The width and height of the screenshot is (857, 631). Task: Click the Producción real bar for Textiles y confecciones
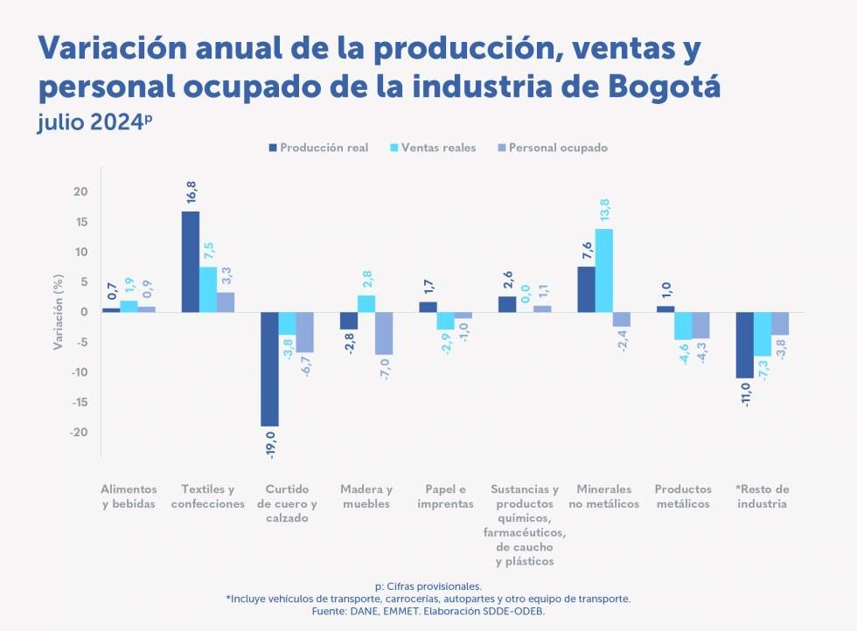[190, 261]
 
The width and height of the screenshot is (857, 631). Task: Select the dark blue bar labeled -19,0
[269, 369]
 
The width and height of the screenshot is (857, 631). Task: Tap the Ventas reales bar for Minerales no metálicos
[603, 270]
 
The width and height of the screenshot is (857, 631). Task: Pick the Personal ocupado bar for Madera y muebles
[384, 333]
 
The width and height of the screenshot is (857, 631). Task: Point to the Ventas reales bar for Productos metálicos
[683, 325]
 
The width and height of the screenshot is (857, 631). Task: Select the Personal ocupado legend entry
[551, 148]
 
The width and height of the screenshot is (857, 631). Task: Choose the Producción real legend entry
[319, 148]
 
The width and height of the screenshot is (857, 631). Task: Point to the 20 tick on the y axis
[81, 192]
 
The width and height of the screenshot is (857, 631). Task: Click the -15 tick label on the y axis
[79, 403]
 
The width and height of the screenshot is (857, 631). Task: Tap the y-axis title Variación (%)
[58, 313]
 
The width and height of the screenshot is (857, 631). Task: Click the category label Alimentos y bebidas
[129, 496]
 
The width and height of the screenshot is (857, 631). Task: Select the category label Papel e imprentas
[445, 496]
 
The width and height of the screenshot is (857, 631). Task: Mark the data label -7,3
[763, 371]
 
